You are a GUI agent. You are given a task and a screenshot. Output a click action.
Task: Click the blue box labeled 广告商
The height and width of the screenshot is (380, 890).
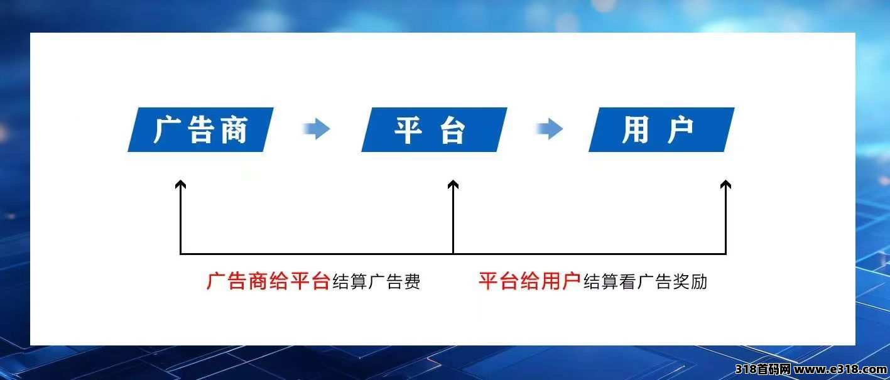200,129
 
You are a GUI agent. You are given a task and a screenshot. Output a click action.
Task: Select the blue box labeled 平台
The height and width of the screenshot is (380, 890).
434,129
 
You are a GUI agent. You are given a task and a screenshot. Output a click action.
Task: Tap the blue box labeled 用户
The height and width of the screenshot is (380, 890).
661,129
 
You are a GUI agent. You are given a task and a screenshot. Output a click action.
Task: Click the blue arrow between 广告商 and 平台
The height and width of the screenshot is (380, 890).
317,129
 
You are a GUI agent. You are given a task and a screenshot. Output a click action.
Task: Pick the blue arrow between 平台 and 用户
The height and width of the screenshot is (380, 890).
550,129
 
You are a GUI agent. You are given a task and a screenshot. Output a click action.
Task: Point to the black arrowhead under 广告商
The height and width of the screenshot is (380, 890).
181,184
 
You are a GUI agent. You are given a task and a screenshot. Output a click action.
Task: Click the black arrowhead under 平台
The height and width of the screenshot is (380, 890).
453,184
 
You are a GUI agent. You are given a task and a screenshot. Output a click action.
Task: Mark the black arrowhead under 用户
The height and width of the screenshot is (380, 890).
726,184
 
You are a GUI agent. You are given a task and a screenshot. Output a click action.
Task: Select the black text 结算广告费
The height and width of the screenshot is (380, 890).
376,281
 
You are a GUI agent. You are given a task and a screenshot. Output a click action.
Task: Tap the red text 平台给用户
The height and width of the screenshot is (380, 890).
530,281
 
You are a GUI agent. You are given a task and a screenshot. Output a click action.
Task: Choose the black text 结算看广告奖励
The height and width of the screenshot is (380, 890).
645,281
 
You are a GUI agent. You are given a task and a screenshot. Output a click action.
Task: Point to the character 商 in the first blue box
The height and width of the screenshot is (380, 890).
234,129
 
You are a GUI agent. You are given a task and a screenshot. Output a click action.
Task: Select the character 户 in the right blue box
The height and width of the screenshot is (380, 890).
680,129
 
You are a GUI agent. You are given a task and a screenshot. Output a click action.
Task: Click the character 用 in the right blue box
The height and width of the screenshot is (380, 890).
636,129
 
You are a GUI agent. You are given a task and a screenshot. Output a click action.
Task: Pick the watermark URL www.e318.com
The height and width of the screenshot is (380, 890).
840,369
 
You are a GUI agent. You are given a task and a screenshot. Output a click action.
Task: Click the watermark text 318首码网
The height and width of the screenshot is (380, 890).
763,369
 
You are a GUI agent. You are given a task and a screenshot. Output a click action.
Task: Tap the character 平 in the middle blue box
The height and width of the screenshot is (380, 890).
408,129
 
